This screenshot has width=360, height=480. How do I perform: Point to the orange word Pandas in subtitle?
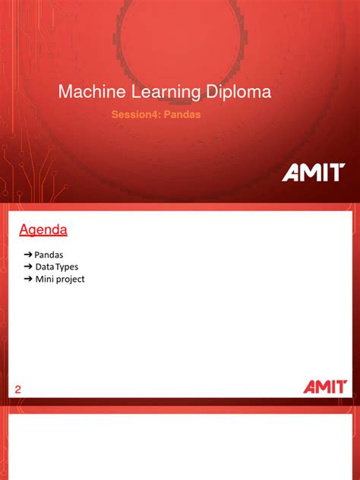point(182,115)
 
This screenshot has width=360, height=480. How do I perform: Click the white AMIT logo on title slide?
point(314,173)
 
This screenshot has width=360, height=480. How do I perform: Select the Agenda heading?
point(43,229)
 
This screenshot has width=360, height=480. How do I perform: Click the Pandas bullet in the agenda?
point(49,254)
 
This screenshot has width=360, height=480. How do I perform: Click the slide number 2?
point(19,390)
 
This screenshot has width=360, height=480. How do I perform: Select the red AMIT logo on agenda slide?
point(324,387)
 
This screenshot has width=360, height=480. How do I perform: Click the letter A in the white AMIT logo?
point(292,173)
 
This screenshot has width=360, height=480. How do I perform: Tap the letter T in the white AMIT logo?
point(336,173)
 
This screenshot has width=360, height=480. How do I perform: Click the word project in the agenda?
point(70,279)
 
